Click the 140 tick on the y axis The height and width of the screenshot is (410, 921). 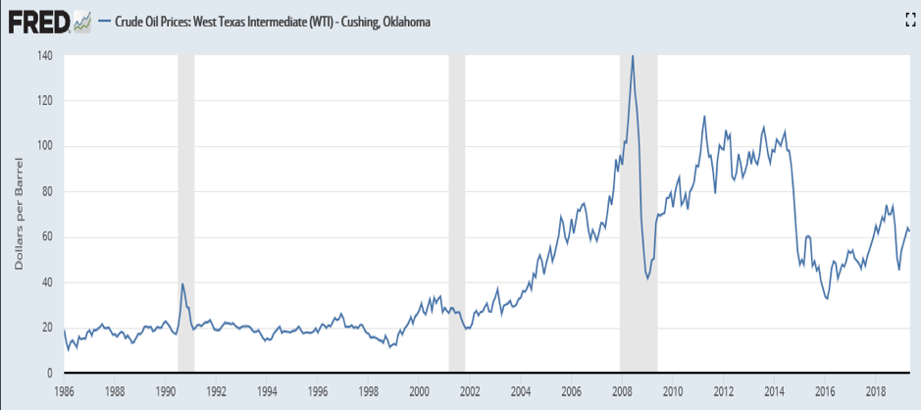tap(45, 55)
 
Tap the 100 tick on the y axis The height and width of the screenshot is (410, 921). tap(45, 146)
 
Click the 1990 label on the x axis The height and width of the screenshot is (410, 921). tap(166, 389)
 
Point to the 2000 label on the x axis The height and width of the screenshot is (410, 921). tap(419, 389)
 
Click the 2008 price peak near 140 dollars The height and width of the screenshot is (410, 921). tap(633, 56)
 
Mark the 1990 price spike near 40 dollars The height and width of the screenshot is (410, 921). tap(182, 283)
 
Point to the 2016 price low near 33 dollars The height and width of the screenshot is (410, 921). tap(827, 298)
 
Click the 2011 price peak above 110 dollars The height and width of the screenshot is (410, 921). tap(704, 116)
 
